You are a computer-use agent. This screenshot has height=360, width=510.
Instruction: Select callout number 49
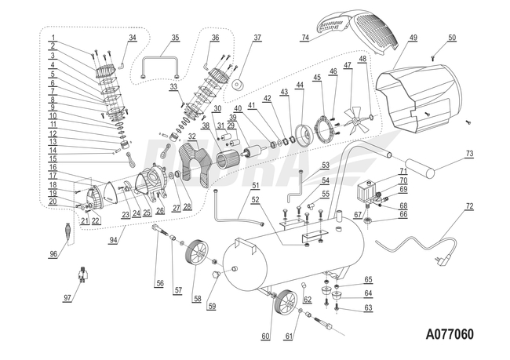pos(413,37)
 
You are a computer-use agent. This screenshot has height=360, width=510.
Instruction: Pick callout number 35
pos(175,37)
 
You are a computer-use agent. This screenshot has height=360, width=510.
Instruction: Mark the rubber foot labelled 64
pos(339,296)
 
